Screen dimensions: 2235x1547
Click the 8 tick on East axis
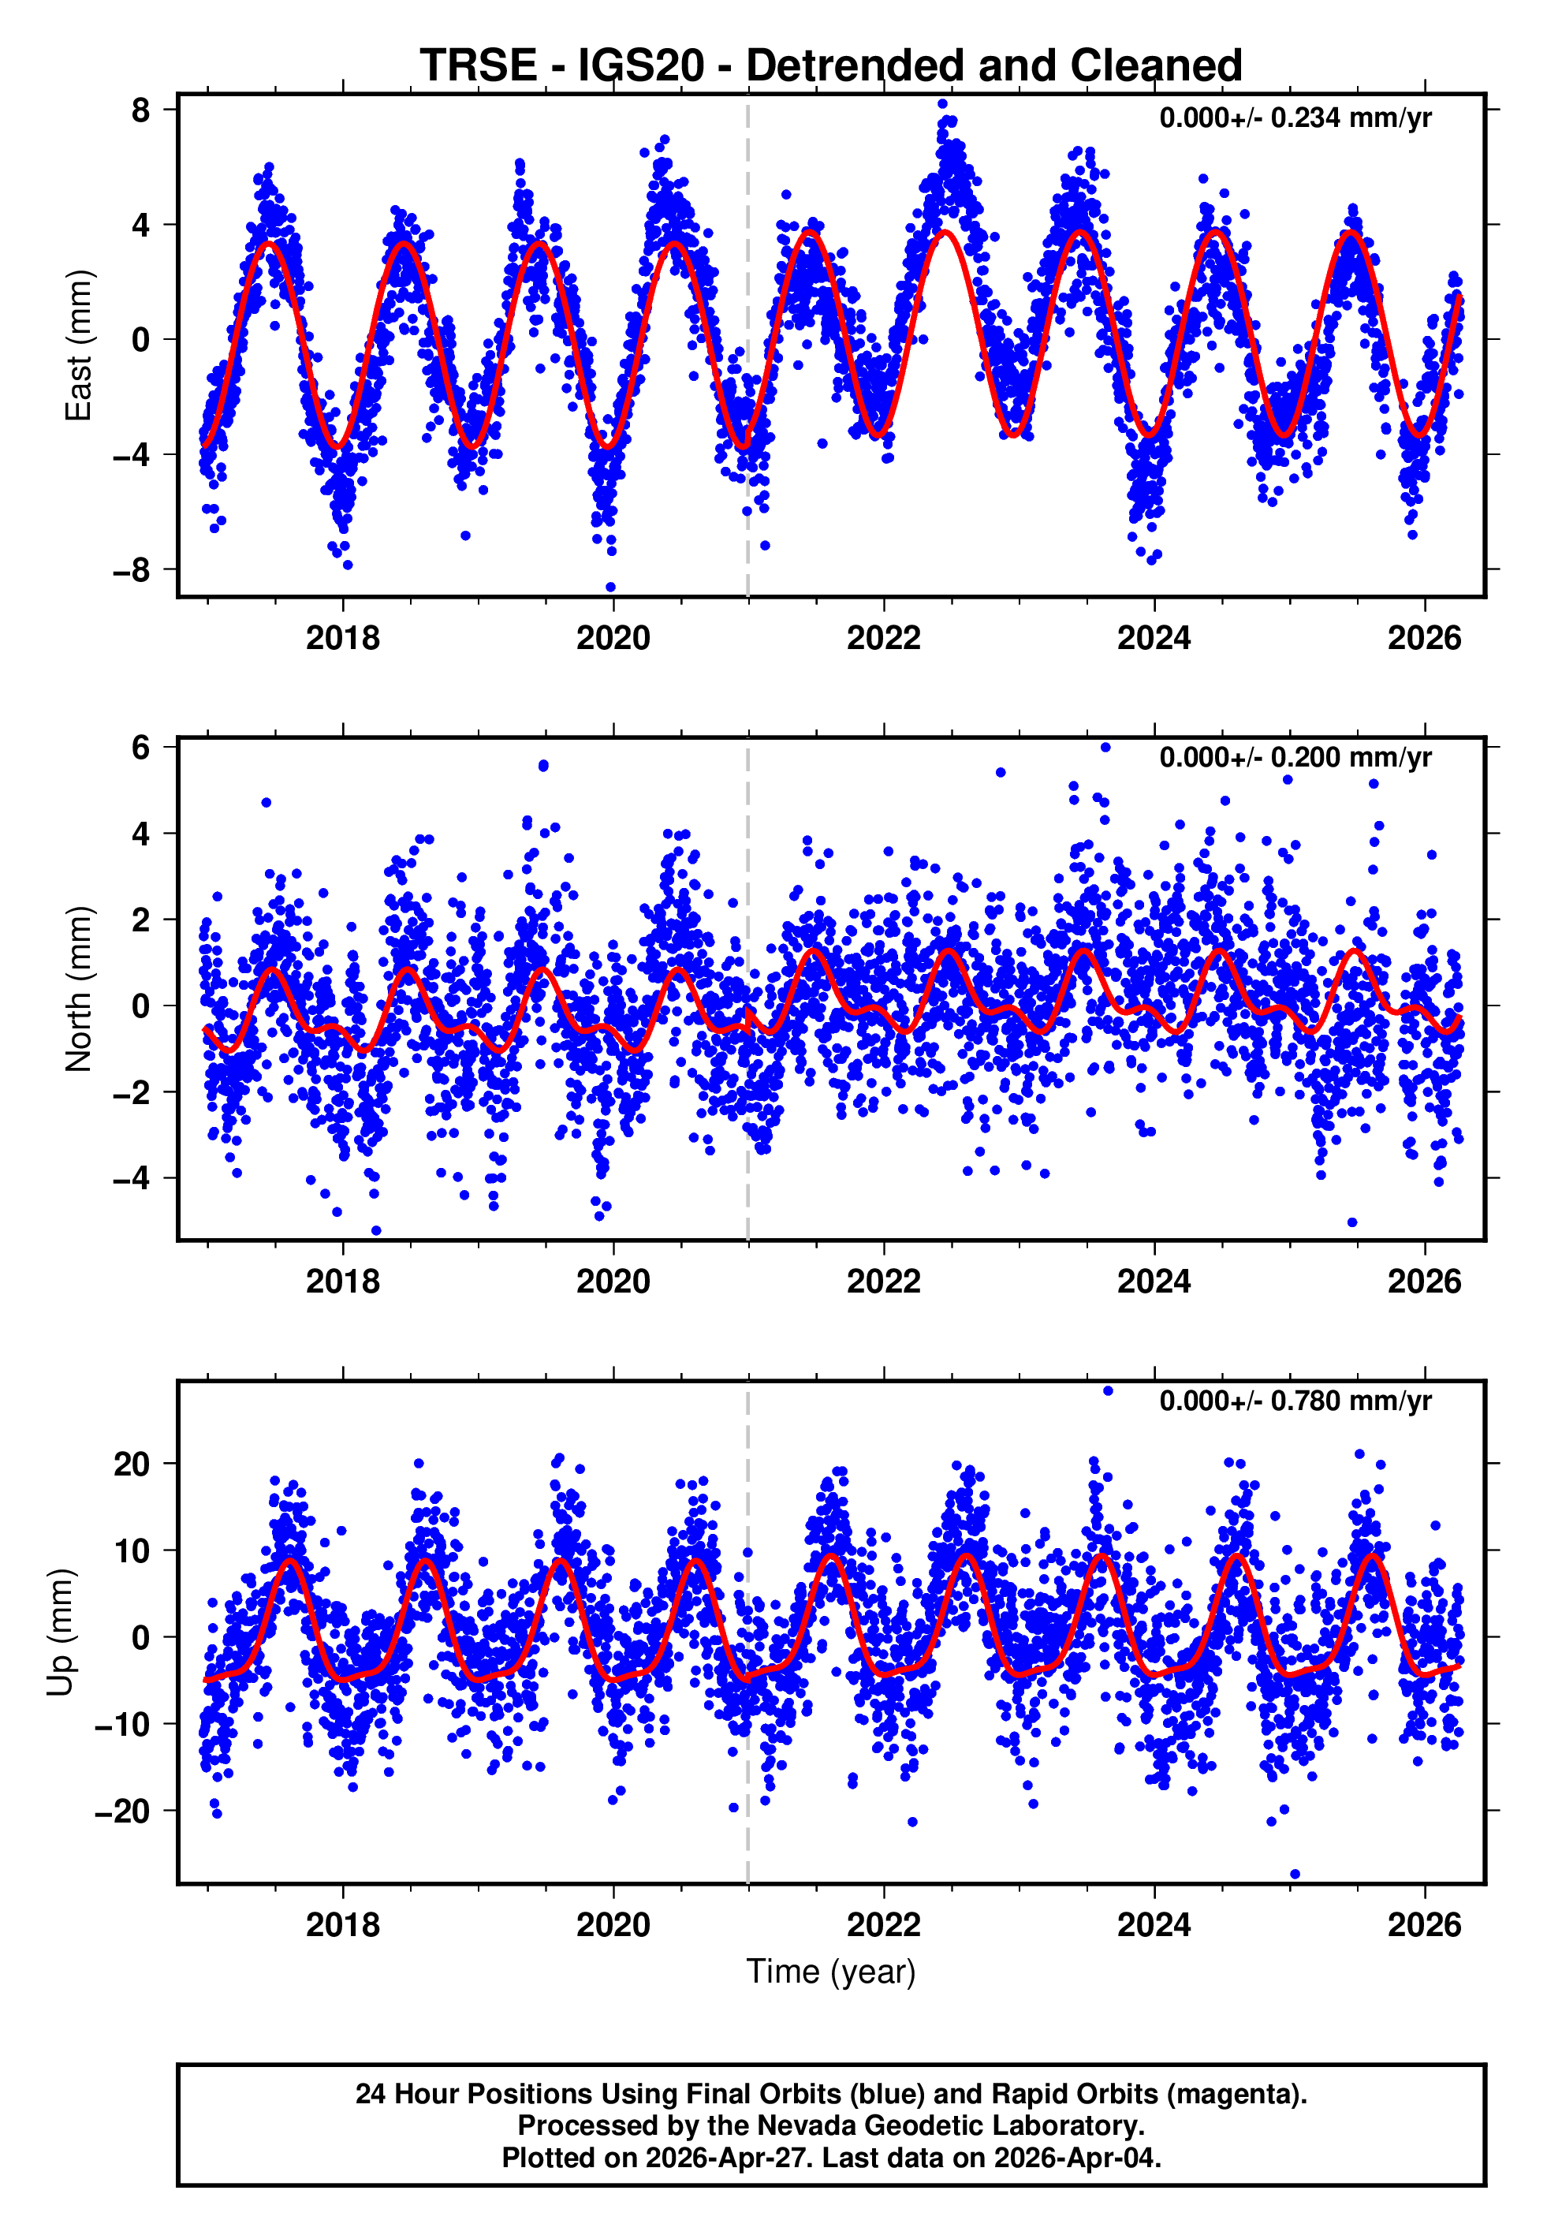click(x=141, y=110)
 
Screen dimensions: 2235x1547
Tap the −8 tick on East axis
click(x=132, y=570)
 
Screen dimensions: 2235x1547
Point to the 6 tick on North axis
click(x=141, y=748)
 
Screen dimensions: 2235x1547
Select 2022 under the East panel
click(x=883, y=639)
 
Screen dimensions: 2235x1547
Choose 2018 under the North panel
click(x=342, y=1282)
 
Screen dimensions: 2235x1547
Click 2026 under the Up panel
click(x=1424, y=1925)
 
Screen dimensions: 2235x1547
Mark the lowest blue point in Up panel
click(x=1295, y=1875)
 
